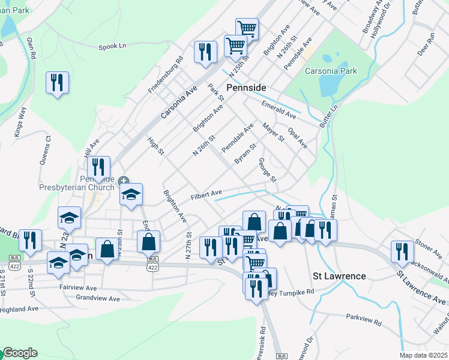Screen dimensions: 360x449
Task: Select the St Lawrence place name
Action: pyautogui.click(x=340, y=276)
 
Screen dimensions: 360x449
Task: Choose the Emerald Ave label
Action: pyautogui.click(x=279, y=109)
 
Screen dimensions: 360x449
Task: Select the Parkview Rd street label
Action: pyautogui.click(x=364, y=317)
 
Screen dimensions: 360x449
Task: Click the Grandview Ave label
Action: pyautogui.click(x=98, y=298)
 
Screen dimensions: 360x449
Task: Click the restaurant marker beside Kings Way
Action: pyautogui.click(x=58, y=83)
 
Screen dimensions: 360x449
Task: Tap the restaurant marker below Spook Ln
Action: pyautogui.click(x=205, y=52)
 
